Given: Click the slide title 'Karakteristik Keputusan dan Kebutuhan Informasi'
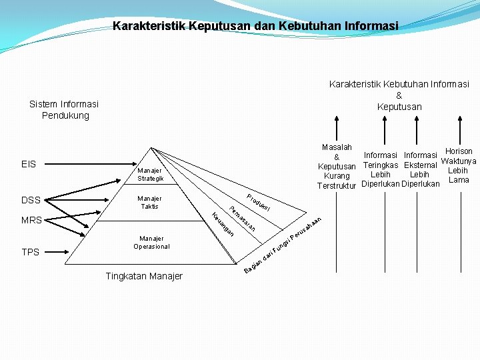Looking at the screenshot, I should coord(255,26).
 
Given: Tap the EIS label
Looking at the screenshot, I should coord(29,164).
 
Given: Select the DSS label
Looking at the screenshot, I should coord(31,200).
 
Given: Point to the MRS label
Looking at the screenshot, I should coord(31,220).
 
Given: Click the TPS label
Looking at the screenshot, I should coord(30,252).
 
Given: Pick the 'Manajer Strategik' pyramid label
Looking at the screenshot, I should coord(150,175).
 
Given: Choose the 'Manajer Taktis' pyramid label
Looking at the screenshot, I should coord(149,202).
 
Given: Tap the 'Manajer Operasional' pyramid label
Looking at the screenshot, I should coord(151,242).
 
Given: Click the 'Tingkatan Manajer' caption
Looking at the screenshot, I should coord(144,276).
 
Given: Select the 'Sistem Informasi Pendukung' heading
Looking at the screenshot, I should coord(64,109).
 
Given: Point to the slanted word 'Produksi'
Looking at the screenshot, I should coord(258,202).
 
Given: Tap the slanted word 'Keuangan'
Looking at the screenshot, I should coord(223,223).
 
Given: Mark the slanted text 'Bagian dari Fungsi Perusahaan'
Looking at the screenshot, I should coord(283,245).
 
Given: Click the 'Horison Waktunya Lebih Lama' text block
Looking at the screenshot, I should coord(459,165).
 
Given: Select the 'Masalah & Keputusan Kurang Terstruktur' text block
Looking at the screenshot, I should coord(337,166).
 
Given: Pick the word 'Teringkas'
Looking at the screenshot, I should coord(381,165).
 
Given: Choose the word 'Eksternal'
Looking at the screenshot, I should coord(420,165).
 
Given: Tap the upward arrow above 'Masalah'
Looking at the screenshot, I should coord(337,129).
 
